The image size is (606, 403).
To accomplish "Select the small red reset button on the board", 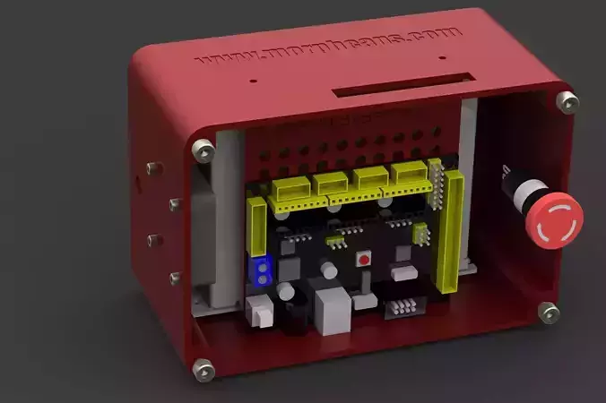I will point(364,260).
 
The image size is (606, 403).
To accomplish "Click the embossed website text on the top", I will point(328,46).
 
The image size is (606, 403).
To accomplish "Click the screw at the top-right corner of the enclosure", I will point(565,101).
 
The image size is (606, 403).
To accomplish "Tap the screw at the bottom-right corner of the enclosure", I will point(548,313).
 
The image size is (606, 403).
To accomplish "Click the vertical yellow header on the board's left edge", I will point(255,227).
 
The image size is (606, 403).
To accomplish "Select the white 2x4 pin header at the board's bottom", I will point(403,307).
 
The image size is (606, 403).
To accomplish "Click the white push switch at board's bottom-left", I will point(260,313).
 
